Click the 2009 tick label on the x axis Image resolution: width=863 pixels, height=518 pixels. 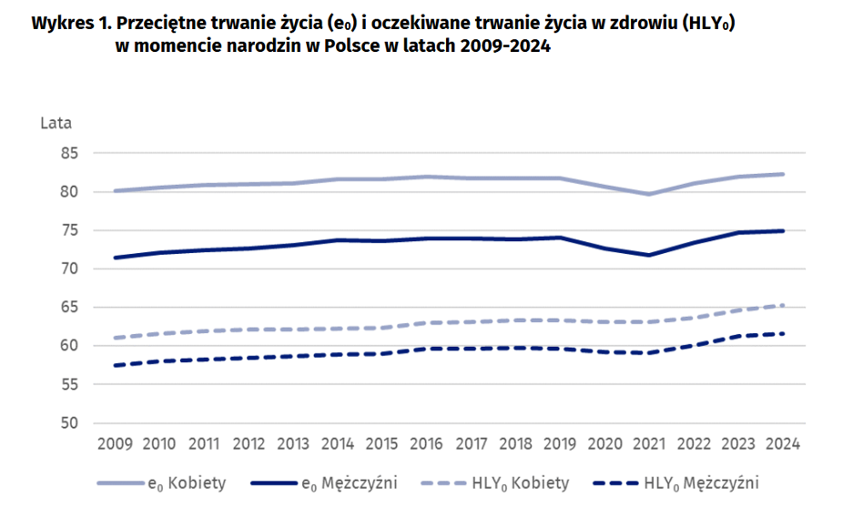point(115,443)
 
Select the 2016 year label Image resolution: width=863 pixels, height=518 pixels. point(426,443)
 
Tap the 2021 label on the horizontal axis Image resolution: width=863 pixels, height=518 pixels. point(648,443)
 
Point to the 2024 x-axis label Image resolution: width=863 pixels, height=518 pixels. point(782,443)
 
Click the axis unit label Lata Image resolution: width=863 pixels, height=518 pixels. point(56,123)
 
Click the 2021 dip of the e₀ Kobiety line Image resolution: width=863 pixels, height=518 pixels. point(648,194)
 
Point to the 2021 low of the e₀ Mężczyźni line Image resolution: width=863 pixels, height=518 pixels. point(648,255)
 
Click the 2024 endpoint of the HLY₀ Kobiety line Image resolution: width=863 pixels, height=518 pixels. point(782,305)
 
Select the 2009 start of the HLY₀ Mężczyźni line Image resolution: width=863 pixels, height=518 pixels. point(115,366)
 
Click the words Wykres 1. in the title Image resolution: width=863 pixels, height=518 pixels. point(66,24)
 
